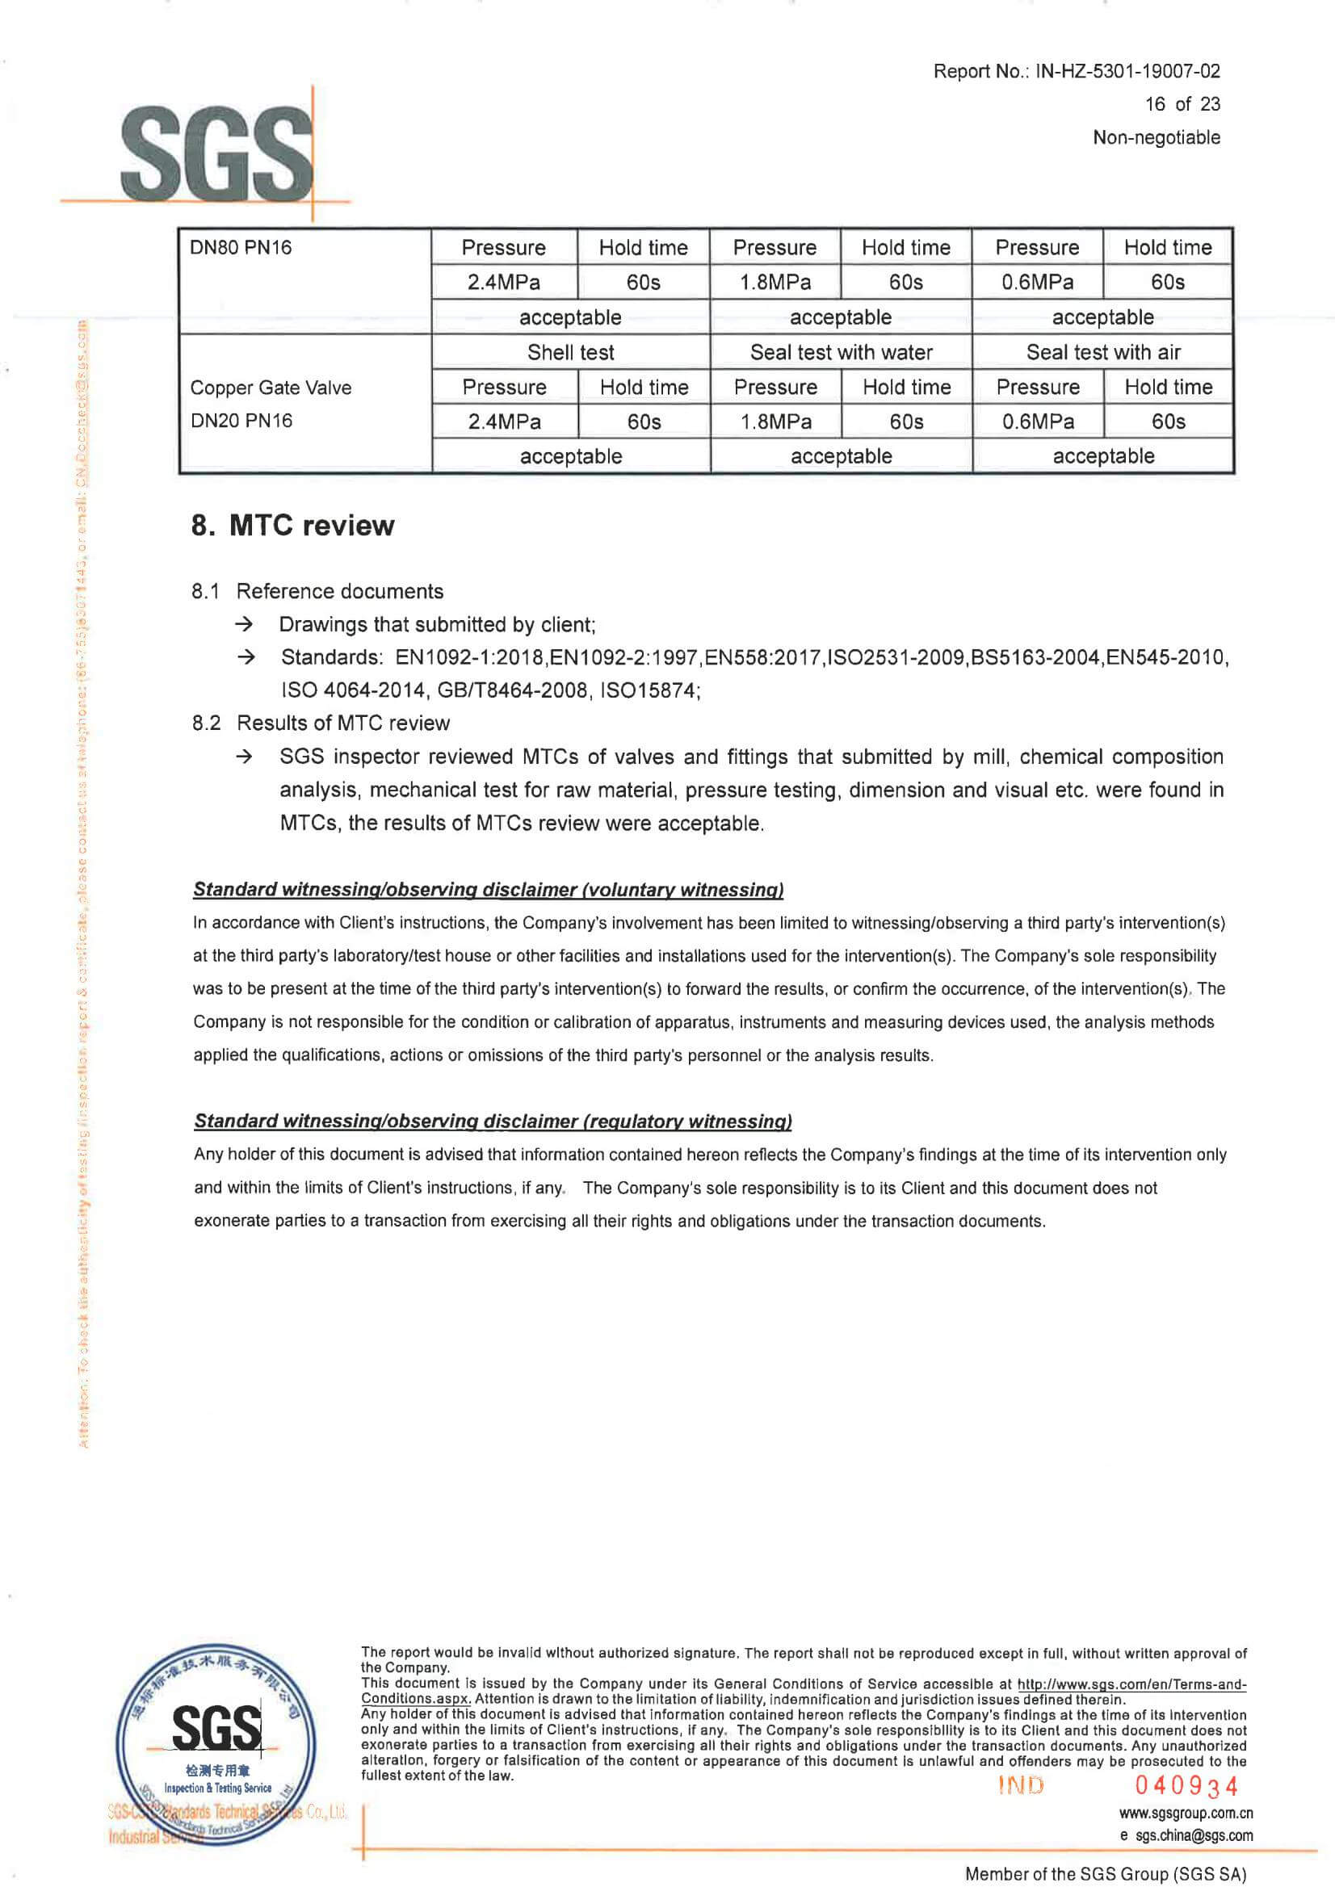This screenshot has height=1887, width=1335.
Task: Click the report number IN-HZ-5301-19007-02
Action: pos(1127,72)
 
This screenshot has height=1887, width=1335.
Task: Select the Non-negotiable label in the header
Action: pos(1156,137)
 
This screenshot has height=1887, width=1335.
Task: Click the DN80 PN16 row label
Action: pos(241,247)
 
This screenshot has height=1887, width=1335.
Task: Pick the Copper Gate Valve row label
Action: pos(271,388)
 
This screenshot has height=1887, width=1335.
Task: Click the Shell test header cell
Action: pos(570,353)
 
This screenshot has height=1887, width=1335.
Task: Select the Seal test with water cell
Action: pos(841,353)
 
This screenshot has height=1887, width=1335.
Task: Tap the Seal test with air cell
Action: pos(1103,353)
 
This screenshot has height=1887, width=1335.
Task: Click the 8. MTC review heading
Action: pos(292,526)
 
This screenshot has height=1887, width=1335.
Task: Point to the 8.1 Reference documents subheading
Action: pos(317,591)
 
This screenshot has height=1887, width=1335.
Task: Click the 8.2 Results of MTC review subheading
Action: pos(321,723)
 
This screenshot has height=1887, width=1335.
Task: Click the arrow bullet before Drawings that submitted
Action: pos(244,625)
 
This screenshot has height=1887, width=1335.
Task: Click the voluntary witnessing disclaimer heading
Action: pos(489,889)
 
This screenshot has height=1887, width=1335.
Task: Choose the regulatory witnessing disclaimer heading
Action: pos(493,1121)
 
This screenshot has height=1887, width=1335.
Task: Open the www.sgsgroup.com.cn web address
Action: pos(1186,1813)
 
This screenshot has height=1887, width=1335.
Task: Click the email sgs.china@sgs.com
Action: pos(1194,1835)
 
